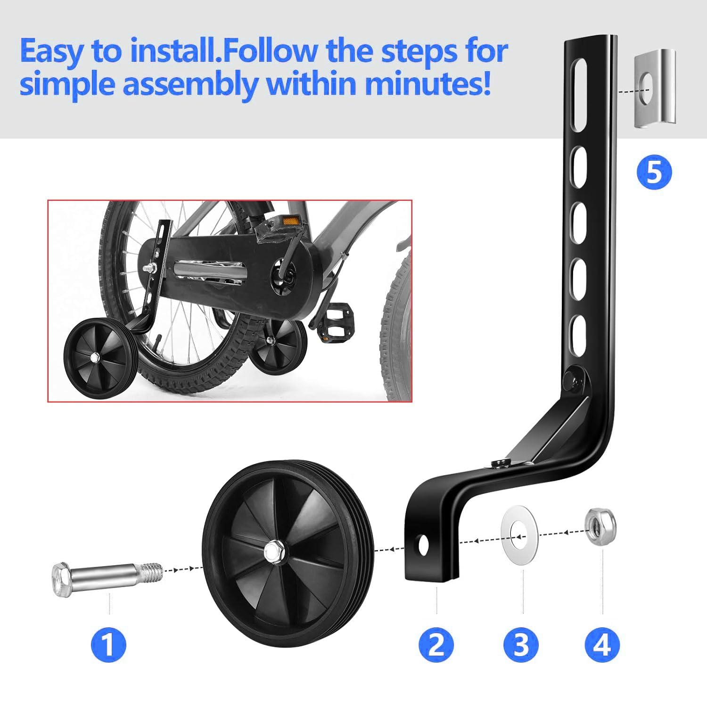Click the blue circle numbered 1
[108, 644]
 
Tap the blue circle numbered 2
[436, 644]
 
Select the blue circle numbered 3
[521, 644]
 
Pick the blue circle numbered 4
[602, 644]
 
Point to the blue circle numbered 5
[654, 173]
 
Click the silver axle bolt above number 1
[107, 578]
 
